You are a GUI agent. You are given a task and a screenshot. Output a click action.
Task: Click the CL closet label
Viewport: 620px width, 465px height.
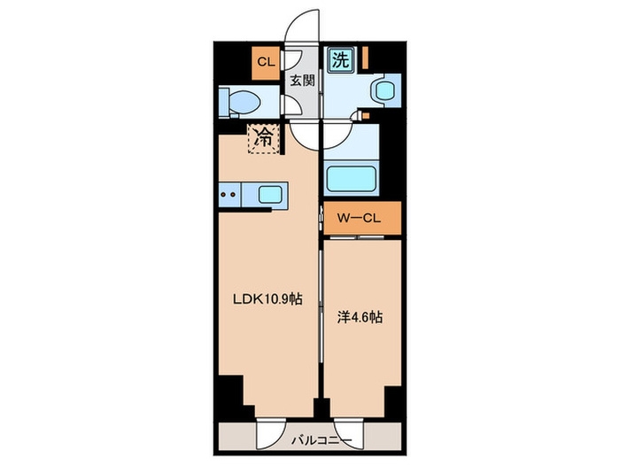pyautogui.click(x=266, y=62)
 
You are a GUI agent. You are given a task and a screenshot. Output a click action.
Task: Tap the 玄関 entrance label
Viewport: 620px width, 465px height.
pyautogui.click(x=303, y=81)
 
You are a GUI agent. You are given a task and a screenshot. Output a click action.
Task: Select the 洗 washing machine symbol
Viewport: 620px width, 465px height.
pyautogui.click(x=340, y=59)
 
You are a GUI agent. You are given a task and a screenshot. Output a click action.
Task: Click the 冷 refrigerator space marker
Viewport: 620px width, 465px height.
pyautogui.click(x=263, y=139)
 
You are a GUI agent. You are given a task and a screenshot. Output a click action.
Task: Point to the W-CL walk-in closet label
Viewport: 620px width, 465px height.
pyautogui.click(x=359, y=218)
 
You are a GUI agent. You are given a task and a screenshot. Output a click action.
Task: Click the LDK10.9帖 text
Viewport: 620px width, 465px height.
pyautogui.click(x=267, y=299)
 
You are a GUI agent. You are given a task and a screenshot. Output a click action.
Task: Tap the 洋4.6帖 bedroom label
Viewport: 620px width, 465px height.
pyautogui.click(x=360, y=317)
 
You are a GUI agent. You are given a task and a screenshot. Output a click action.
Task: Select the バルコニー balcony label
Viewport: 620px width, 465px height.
pyautogui.click(x=322, y=440)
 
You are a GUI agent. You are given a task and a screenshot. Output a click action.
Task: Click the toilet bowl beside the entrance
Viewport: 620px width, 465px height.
pyautogui.click(x=245, y=102)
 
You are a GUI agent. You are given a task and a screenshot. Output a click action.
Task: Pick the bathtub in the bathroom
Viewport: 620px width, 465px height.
pyautogui.click(x=351, y=179)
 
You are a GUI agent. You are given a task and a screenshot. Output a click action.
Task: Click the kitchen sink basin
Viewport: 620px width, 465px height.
pyautogui.click(x=270, y=195)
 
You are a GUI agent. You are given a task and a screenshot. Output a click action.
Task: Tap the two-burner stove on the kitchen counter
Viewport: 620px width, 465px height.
pyautogui.click(x=229, y=195)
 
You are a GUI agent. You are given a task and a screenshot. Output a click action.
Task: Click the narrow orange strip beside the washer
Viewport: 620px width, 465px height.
pyautogui.click(x=366, y=58)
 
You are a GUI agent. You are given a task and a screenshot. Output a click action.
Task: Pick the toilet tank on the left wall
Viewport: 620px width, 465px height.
pyautogui.click(x=224, y=102)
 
